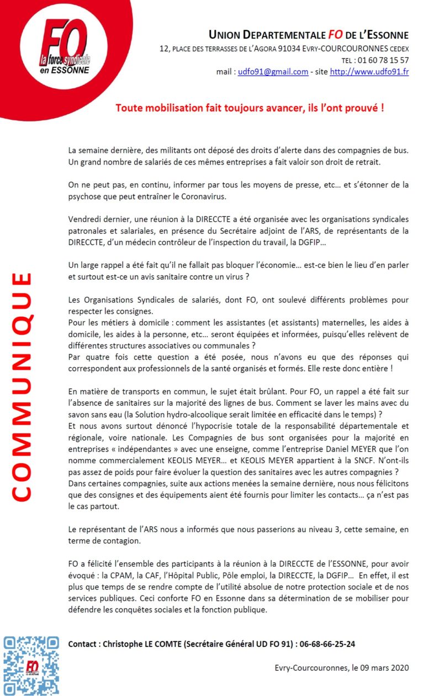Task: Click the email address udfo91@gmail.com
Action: point(273,72)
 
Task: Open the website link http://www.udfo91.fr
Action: point(369,72)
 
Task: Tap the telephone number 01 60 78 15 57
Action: point(383,60)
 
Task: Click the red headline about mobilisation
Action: point(250,107)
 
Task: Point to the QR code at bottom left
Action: point(31,665)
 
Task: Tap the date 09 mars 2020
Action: point(380,668)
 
